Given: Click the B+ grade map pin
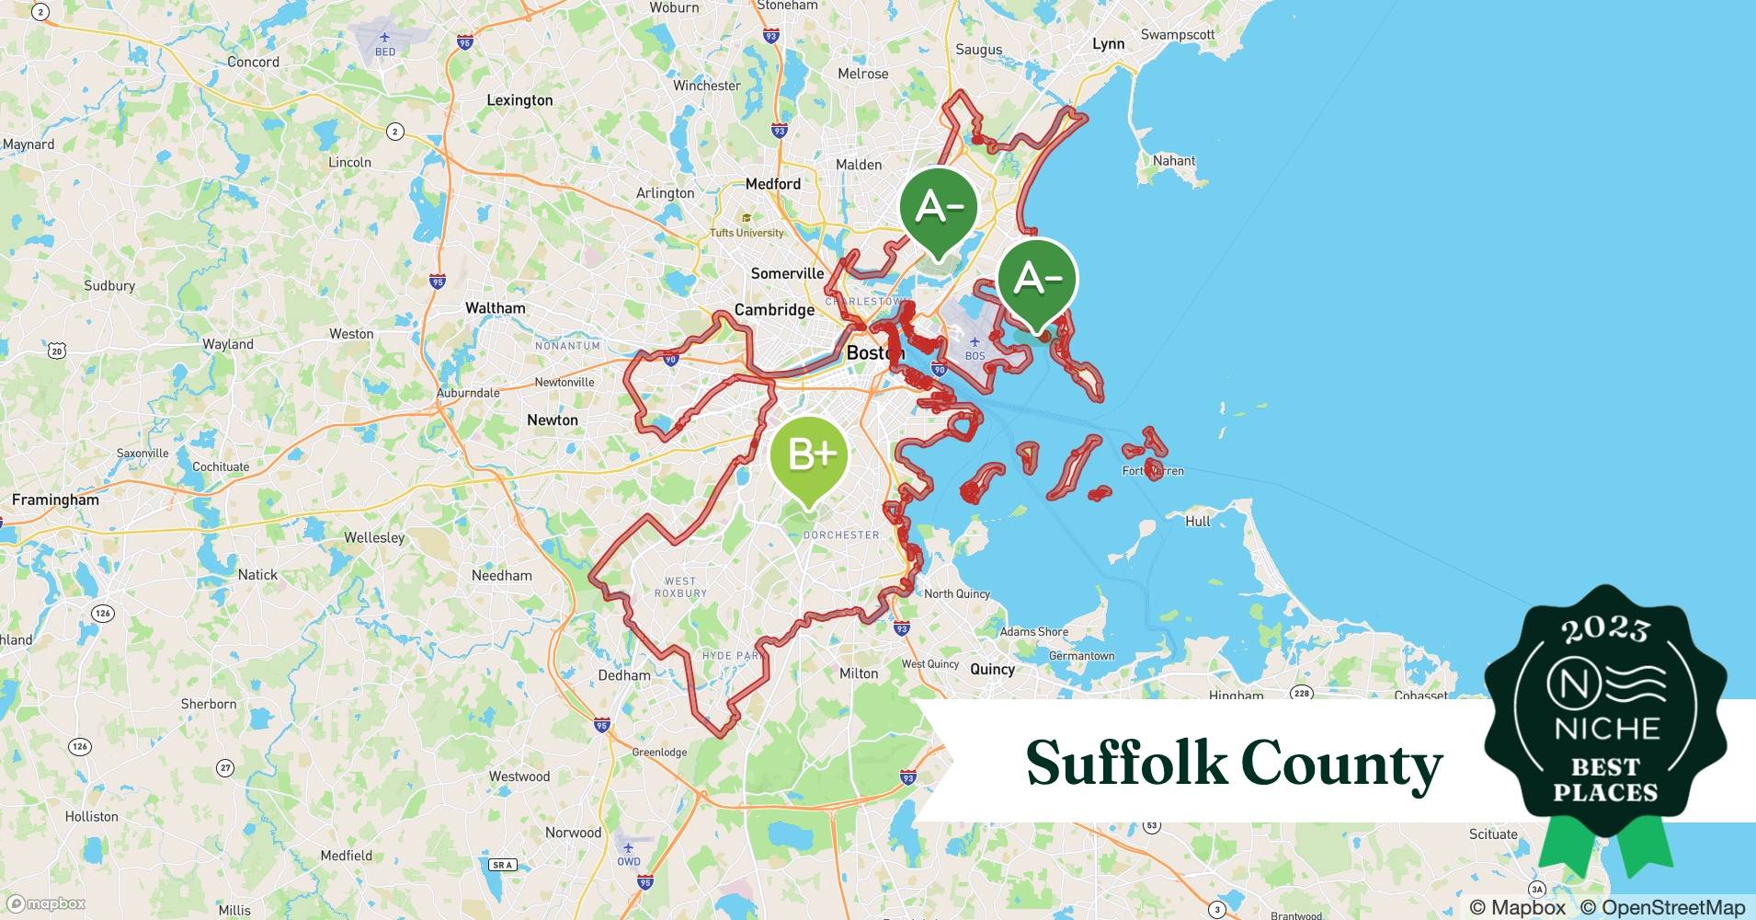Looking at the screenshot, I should click(808, 456).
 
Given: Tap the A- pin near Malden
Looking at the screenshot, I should click(938, 210).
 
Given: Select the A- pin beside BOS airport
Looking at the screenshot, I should click(1037, 280).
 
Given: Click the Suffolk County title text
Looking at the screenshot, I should click(1234, 763).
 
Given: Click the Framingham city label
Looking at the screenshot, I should click(55, 500).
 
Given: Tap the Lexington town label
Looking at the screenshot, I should click(519, 100).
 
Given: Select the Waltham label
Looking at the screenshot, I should click(496, 308).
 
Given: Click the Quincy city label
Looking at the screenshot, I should click(992, 669).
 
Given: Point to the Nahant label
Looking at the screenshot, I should click(1174, 160).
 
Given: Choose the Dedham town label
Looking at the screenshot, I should click(624, 675).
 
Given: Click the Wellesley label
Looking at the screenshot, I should click(374, 537).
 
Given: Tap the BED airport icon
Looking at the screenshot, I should click(385, 38).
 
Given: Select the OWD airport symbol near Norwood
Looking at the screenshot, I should click(628, 847).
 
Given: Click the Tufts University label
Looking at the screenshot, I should click(747, 233).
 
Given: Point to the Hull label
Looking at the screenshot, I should click(1198, 521).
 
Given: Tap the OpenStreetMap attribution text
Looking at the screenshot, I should click(1662, 907).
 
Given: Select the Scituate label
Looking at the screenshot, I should click(1493, 834).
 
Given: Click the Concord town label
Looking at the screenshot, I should click(253, 63).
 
